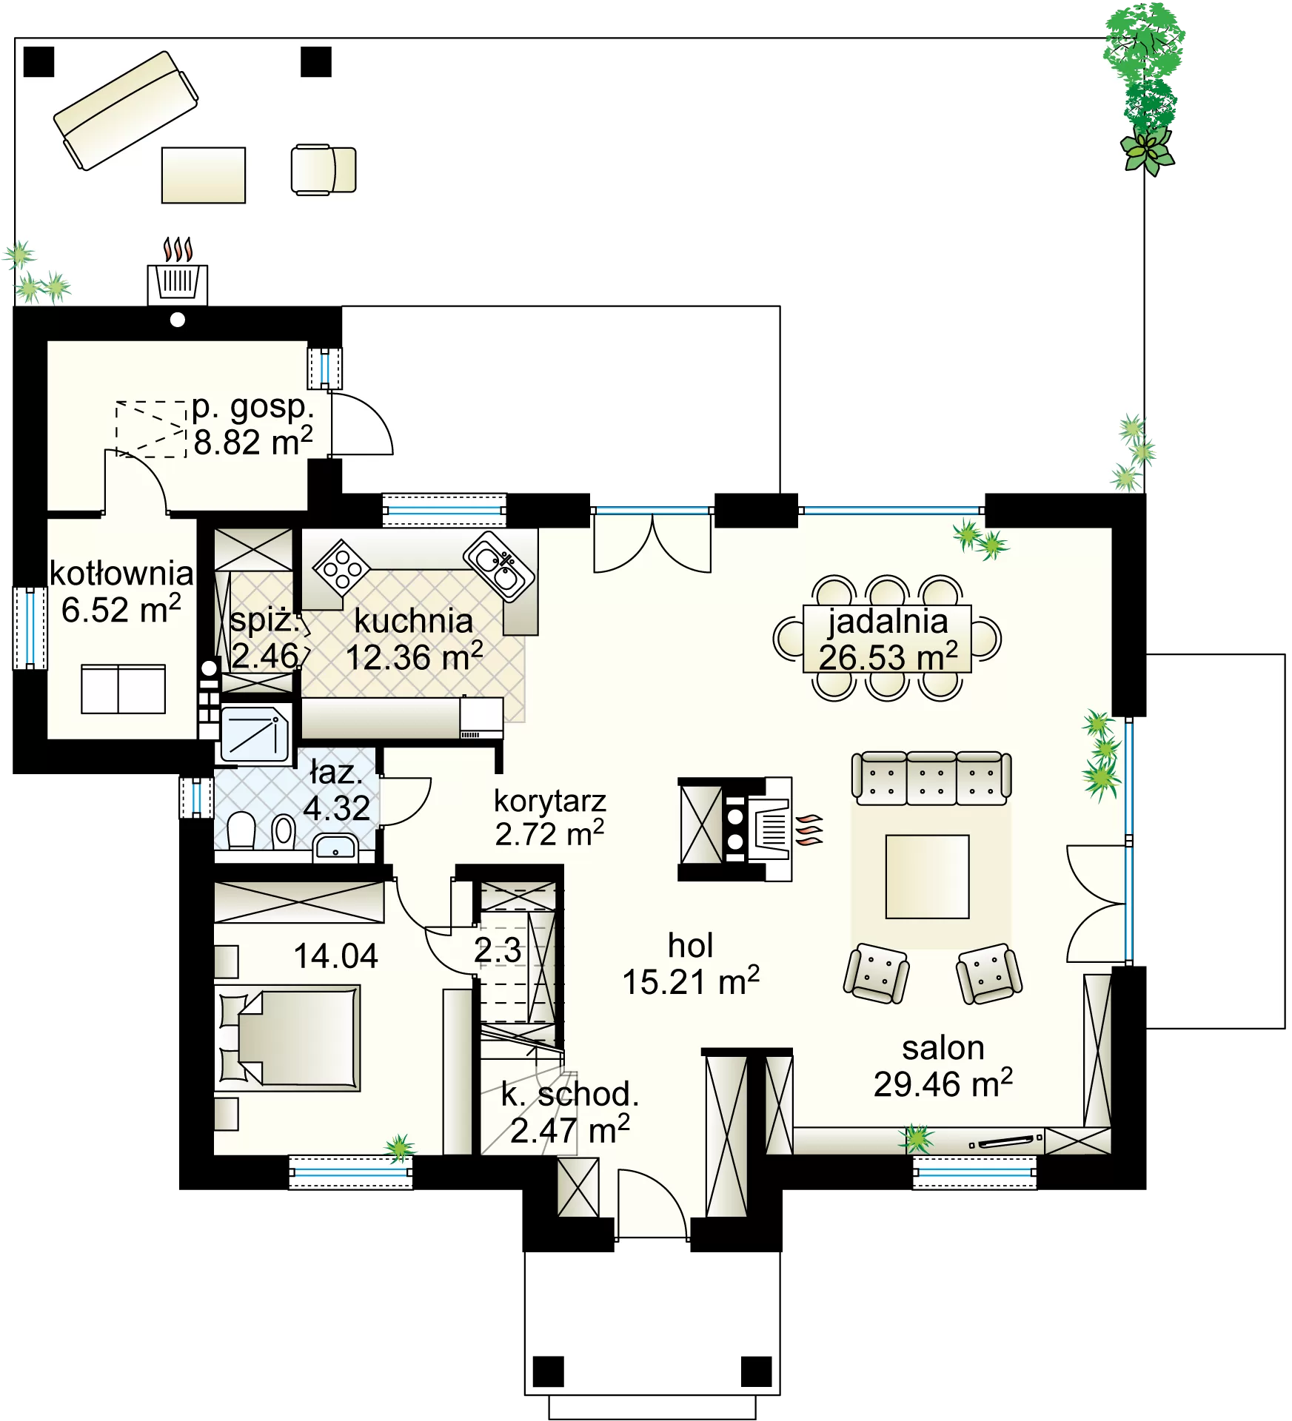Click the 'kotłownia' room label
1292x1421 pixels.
pyautogui.click(x=121, y=574)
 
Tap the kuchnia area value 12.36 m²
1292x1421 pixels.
pyautogui.click(x=415, y=656)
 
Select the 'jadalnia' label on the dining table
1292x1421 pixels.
pyautogui.click(x=888, y=622)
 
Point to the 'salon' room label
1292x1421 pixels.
pyautogui.click(x=943, y=1048)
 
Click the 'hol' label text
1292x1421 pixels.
pyautogui.click(x=691, y=945)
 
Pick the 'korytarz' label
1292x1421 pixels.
pyautogui.click(x=550, y=801)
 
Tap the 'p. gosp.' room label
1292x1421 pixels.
pyautogui.click(x=253, y=406)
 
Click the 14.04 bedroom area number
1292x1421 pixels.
pyautogui.click(x=336, y=956)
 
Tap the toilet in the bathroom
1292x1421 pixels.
pyautogui.click(x=241, y=832)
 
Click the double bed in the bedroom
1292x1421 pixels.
pyautogui.click(x=288, y=1038)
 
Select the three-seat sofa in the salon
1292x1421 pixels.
pyautogui.click(x=931, y=778)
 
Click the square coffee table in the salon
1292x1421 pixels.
pyautogui.click(x=928, y=876)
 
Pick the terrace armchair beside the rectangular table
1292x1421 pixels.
pyautogui.click(x=324, y=169)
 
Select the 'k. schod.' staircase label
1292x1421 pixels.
pyautogui.click(x=569, y=1094)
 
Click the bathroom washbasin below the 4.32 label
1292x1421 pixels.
pyautogui.click(x=335, y=847)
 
